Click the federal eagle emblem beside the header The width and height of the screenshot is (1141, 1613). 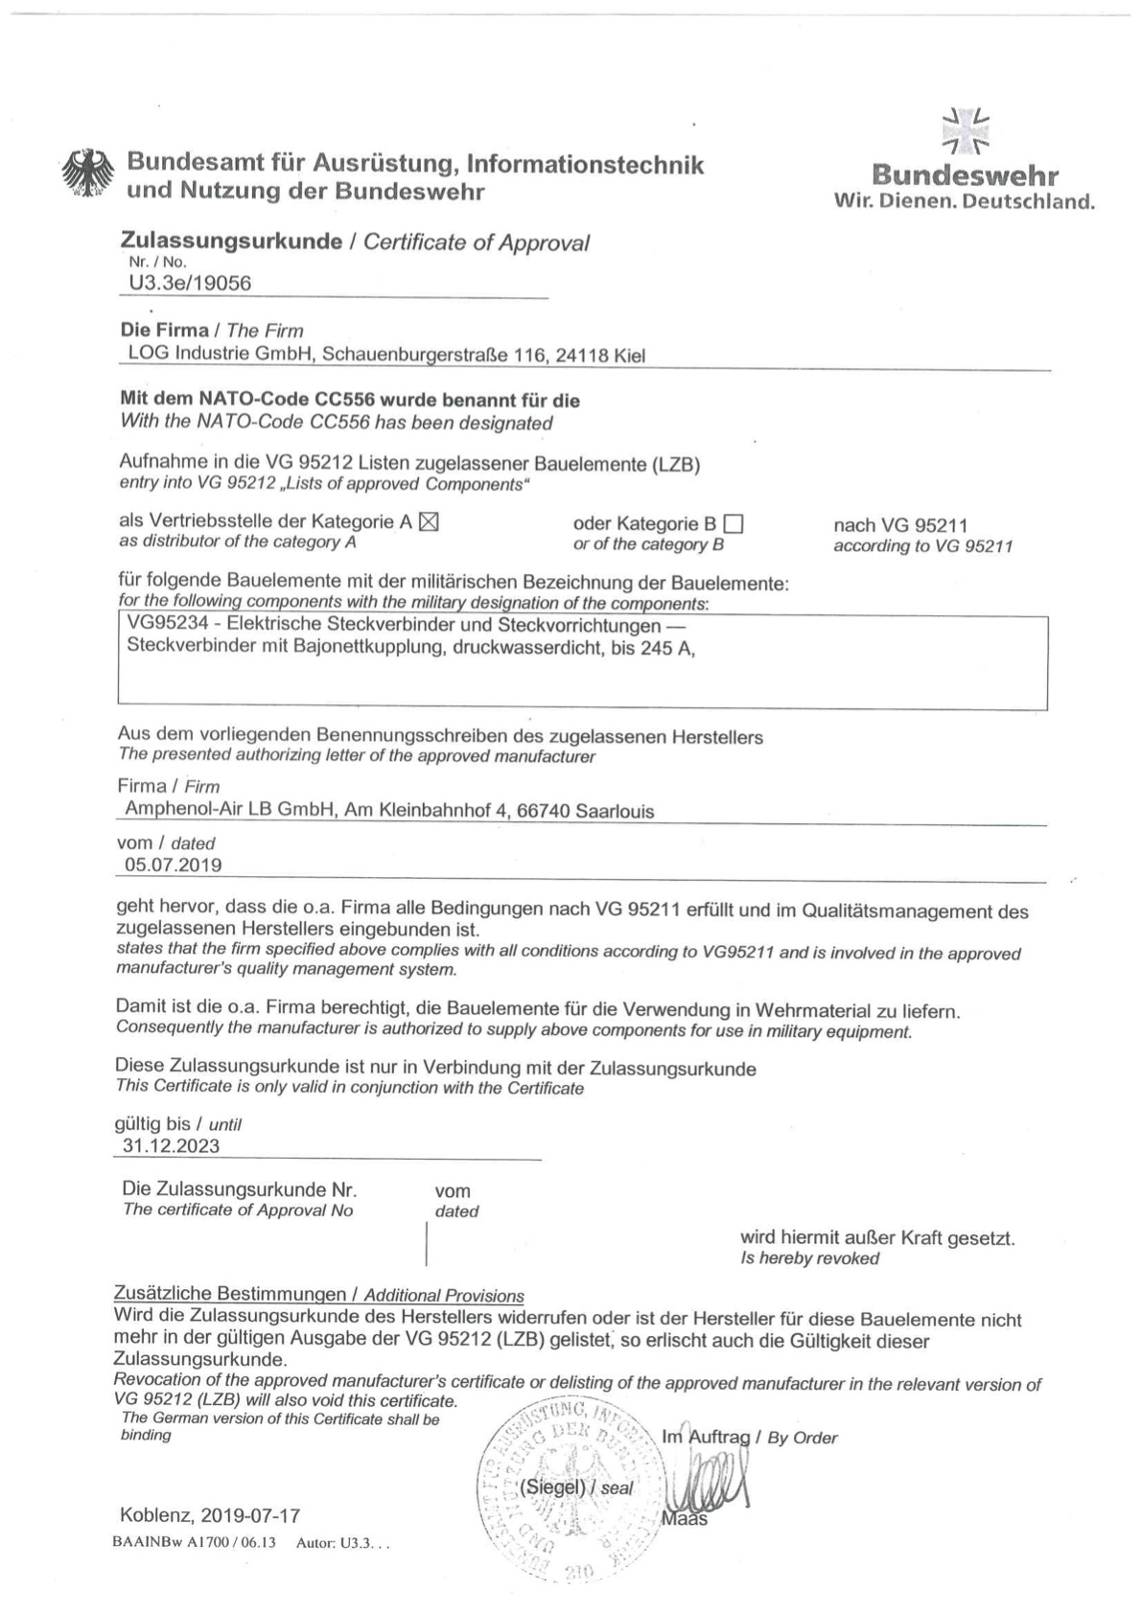click(88, 174)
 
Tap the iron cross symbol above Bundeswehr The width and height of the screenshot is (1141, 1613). click(966, 132)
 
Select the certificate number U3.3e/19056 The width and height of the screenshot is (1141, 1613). click(190, 283)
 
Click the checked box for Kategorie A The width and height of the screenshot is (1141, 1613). click(429, 522)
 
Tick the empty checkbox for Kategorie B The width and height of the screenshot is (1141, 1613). click(733, 524)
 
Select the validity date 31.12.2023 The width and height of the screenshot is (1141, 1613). click(171, 1146)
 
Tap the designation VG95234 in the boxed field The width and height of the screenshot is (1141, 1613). click(168, 626)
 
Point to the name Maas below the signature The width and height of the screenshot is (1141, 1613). click(685, 1519)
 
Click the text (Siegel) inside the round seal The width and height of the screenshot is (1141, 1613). click(551, 1487)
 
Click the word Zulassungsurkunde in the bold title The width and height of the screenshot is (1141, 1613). click(231, 242)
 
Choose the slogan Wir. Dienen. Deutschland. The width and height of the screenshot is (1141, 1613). click(964, 202)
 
